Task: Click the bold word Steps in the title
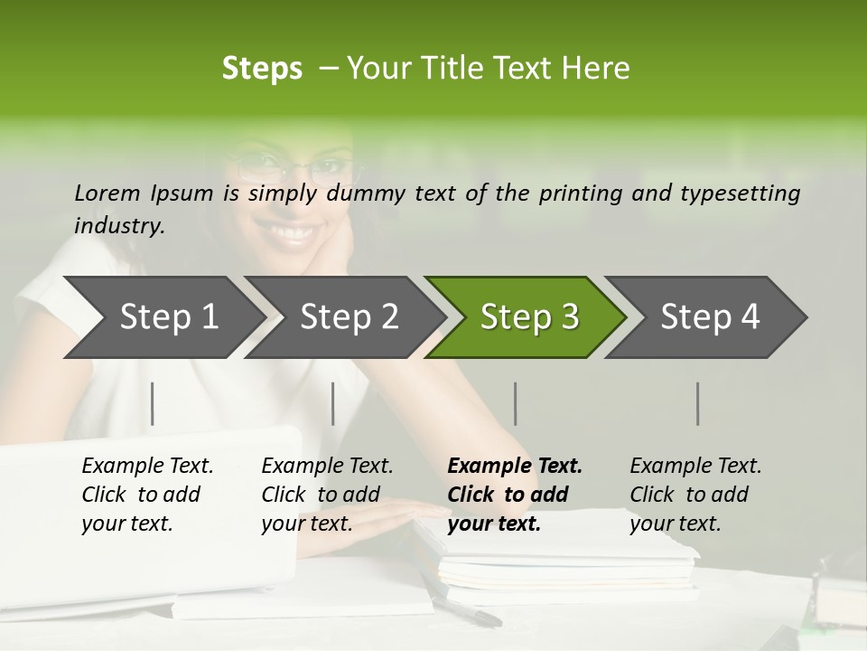(262, 69)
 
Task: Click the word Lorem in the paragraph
(107, 193)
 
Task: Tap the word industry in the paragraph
(119, 225)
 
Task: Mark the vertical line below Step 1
(153, 403)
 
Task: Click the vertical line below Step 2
(333, 403)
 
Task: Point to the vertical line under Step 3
(515, 403)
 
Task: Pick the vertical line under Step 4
(697, 403)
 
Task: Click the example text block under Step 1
(147, 495)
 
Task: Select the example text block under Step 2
(327, 495)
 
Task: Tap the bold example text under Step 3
(515, 495)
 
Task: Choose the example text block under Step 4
(695, 495)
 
